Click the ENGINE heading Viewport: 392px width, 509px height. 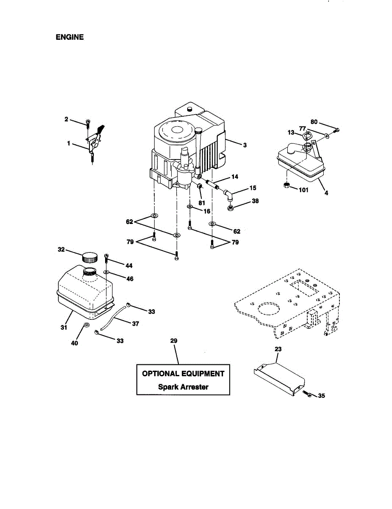coord(70,37)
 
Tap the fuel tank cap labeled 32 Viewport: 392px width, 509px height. coord(89,257)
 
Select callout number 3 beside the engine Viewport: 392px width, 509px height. coord(245,145)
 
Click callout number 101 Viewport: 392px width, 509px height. coord(303,190)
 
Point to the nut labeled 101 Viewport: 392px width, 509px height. coord(286,185)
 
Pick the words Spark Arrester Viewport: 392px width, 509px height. coord(183,387)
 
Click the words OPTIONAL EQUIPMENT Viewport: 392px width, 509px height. coord(183,374)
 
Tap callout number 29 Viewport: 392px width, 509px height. coord(173,341)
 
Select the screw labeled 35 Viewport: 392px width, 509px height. coord(308,394)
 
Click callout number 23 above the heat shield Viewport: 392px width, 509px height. coord(278,349)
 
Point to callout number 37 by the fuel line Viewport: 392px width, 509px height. coord(135,324)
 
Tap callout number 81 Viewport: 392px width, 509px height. coord(202,203)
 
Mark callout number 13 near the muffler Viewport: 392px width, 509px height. coord(291,133)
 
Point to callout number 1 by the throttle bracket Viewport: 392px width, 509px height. coord(69,144)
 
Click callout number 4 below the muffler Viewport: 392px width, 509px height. coord(327,193)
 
